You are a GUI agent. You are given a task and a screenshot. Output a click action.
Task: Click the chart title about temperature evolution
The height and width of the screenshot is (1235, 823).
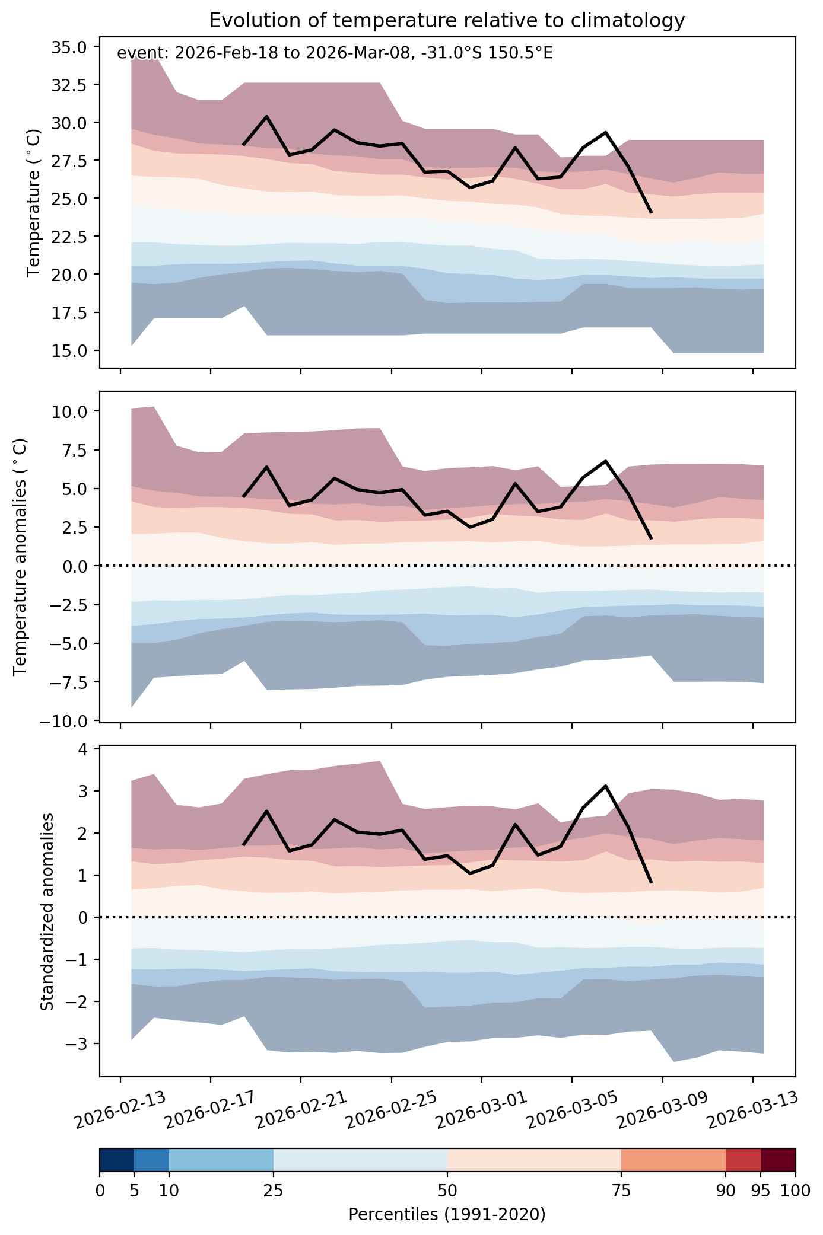point(447,21)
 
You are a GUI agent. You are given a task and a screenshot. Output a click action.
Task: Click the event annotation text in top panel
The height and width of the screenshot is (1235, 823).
point(335,53)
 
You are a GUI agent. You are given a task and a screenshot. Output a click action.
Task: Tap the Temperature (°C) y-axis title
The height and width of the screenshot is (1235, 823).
point(34,203)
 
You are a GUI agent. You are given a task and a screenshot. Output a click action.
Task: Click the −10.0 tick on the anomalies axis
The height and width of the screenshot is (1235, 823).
point(65,721)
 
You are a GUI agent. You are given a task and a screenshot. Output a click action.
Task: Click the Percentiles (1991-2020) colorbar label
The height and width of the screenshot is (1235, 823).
point(447,1215)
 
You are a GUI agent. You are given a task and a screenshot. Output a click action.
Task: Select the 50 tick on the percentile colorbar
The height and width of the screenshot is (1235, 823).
point(447,1193)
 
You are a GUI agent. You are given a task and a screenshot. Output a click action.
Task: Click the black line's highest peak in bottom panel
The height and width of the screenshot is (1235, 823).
point(605,786)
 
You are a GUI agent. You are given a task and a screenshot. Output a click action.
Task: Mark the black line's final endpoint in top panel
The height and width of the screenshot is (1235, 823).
point(651,212)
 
